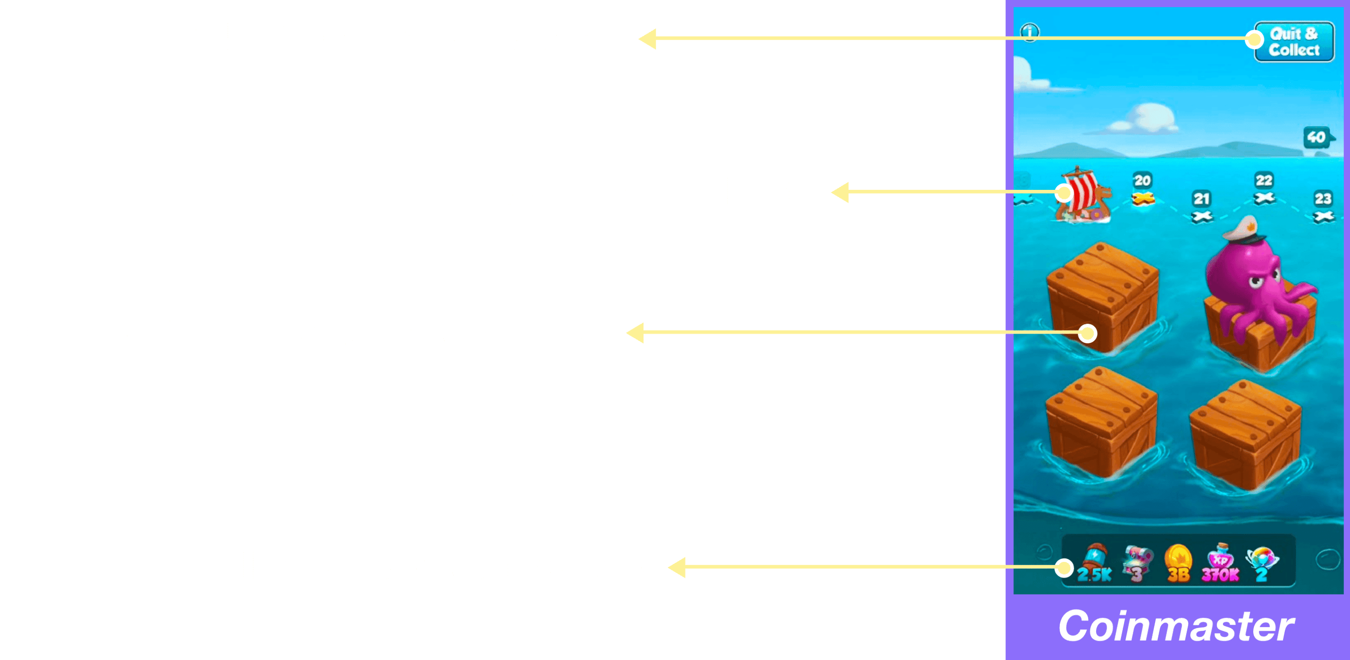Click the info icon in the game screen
1030,31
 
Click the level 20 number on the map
1143,180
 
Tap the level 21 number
1201,198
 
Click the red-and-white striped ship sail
1082,191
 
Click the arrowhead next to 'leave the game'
648,39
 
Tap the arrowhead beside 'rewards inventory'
678,567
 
